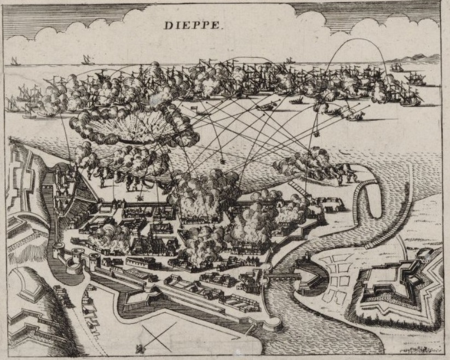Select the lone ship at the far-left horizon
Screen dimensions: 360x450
pos(15,61)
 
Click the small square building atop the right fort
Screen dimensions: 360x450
pos(424,254)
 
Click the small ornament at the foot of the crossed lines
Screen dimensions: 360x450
pos(141,347)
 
